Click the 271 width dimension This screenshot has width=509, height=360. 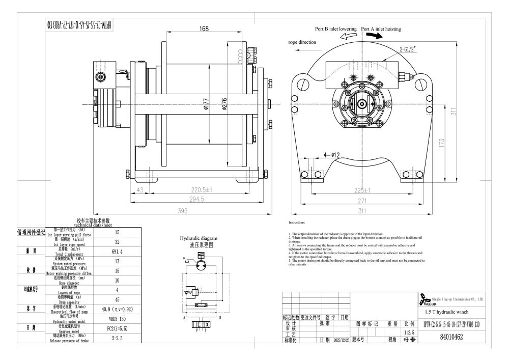click(362, 201)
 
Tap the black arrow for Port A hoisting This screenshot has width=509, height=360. click(372, 36)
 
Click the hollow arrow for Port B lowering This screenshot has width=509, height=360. click(348, 36)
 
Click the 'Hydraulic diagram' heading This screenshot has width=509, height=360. click(199, 238)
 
